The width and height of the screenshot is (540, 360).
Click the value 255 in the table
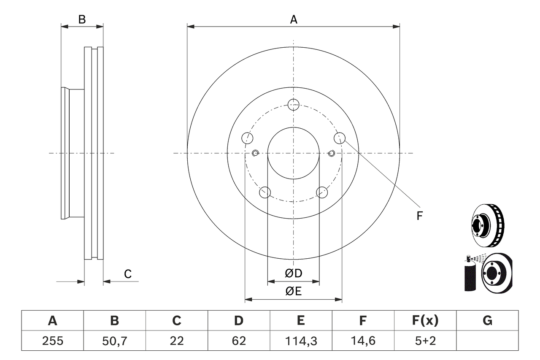pyautogui.click(x=52, y=341)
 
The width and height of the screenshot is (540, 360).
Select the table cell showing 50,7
pyautogui.click(x=114, y=341)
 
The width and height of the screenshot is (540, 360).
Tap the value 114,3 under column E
pyautogui.click(x=300, y=341)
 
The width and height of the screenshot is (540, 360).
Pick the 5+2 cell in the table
pyautogui.click(x=425, y=341)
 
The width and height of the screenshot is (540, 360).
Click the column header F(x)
pyautogui.click(x=425, y=321)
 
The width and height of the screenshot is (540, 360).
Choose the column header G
pyautogui.click(x=487, y=321)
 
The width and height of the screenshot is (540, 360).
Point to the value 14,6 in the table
pyautogui.click(x=363, y=341)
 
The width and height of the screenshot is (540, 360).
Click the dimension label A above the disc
pyautogui.click(x=293, y=19)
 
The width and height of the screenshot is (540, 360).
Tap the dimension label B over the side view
pyautogui.click(x=82, y=19)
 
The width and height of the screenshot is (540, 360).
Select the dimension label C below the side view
pyautogui.click(x=128, y=274)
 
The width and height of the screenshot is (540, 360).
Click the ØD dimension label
pyautogui.click(x=294, y=273)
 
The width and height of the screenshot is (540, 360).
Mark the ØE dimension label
pyautogui.click(x=294, y=291)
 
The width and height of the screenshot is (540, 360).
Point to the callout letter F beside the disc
pyautogui.click(x=419, y=216)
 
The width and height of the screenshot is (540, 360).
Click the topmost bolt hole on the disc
pyautogui.click(x=293, y=104)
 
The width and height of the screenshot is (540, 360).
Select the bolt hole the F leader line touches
pyautogui.click(x=340, y=138)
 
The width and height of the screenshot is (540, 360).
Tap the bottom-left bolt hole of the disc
pyautogui.click(x=265, y=192)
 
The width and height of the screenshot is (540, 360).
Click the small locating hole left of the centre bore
pyautogui.click(x=255, y=153)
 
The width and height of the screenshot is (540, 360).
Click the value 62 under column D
pyautogui.click(x=238, y=341)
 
